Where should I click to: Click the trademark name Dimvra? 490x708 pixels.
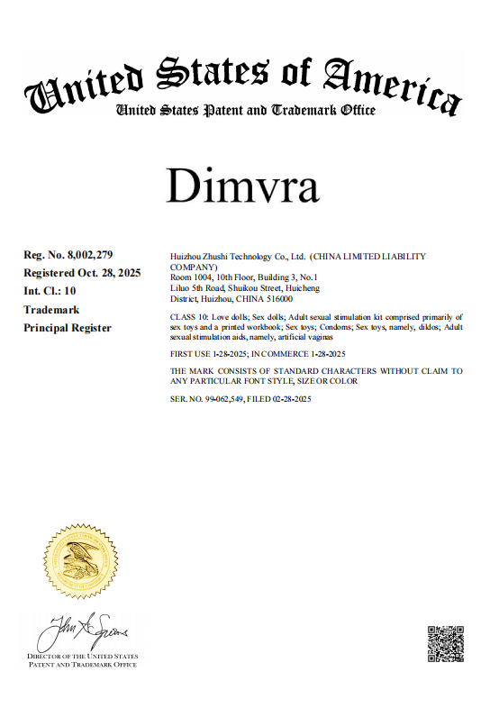243,186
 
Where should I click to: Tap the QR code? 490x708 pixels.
445,644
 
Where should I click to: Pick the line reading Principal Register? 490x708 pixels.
68,328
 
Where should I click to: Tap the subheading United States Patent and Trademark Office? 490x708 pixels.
245,111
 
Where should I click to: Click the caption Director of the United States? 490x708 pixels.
82,658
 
